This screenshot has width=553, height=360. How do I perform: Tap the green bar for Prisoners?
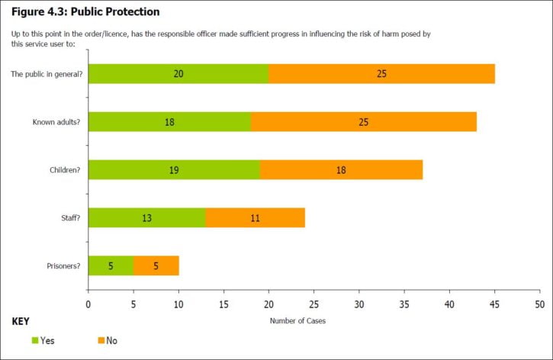pos(111,265)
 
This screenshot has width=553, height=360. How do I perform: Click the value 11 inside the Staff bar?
pos(256,218)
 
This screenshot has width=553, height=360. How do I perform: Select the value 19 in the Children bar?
pos(175,170)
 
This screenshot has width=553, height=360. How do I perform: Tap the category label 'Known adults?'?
pos(57,122)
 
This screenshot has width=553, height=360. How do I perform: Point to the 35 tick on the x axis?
pos(404,304)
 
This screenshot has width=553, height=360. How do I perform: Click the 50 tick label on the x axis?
pos(540,304)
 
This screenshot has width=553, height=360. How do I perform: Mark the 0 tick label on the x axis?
pos(88,304)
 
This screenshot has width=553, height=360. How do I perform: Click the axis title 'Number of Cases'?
pos(297,320)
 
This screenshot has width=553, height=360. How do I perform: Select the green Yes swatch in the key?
pos(34,339)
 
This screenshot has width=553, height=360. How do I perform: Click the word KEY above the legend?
pos(21,321)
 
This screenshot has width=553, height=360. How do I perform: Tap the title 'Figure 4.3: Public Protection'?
pos(85,12)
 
